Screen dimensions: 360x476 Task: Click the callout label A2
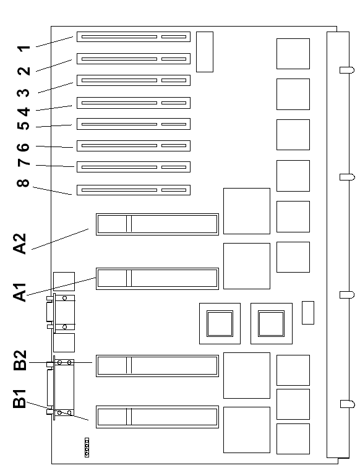click(x=20, y=244)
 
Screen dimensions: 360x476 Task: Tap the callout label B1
click(x=20, y=398)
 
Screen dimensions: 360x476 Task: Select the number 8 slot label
click(x=23, y=183)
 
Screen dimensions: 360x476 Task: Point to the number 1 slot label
click(x=24, y=48)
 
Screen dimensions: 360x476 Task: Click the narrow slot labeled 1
click(x=134, y=36)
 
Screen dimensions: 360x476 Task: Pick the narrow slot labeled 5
click(x=134, y=124)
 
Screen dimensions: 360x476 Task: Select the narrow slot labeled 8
click(x=134, y=190)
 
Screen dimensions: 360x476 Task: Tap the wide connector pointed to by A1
click(x=157, y=279)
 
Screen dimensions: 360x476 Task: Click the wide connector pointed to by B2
click(x=157, y=366)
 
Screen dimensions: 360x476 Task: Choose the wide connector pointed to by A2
click(x=157, y=224)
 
